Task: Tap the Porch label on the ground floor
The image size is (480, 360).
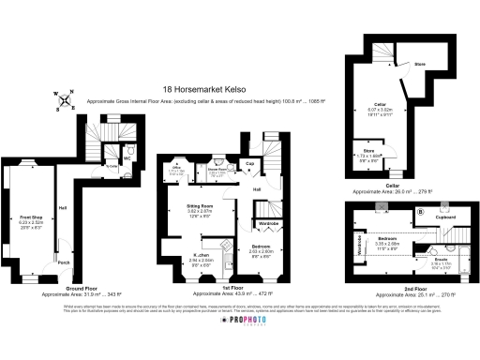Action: (64, 262)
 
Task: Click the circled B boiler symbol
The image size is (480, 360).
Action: (420, 212)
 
